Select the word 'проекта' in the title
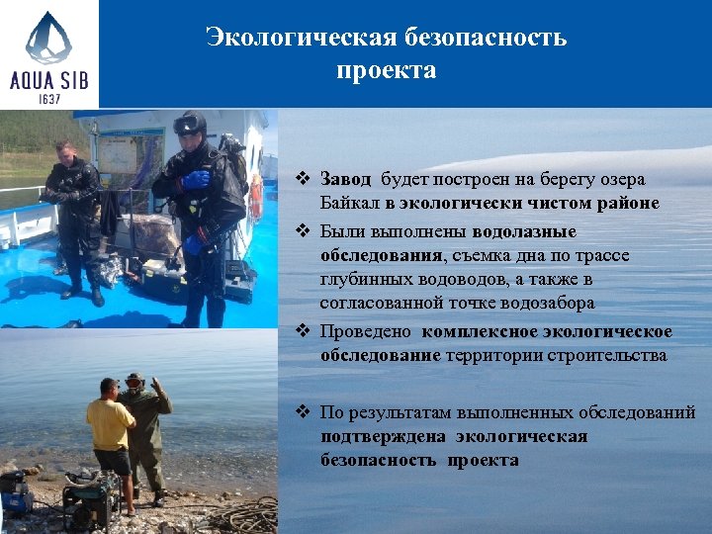pyautogui.click(x=386, y=71)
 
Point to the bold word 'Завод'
pyautogui.click(x=346, y=179)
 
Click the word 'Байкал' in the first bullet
pyautogui.click(x=349, y=204)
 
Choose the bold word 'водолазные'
pyautogui.click(x=524, y=230)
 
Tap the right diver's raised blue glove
pyautogui.click(x=196, y=180)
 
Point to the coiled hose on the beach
pyautogui.click(x=242, y=514)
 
